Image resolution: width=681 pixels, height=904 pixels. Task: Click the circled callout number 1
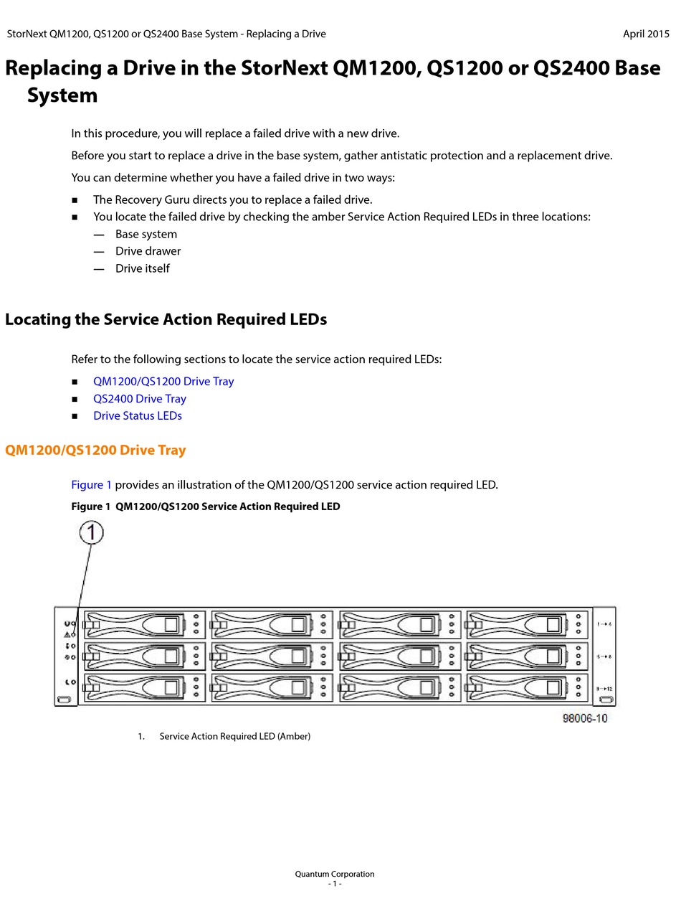92,532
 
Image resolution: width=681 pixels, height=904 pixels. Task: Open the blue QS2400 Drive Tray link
140,399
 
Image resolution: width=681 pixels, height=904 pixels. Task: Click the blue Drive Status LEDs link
138,416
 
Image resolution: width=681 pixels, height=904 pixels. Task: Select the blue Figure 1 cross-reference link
92,485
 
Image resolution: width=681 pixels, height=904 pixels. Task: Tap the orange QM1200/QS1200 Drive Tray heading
95,451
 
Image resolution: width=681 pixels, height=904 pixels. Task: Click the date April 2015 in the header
646,34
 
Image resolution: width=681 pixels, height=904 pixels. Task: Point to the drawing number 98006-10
585,718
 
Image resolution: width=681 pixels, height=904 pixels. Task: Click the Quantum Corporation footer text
335,874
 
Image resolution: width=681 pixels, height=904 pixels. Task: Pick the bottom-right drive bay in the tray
527,687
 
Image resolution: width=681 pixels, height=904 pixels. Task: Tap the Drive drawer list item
148,251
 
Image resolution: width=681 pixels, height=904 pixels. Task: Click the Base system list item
146,234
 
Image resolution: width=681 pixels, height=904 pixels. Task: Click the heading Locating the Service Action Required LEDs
166,319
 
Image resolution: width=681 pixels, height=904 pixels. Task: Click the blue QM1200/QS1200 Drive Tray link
163,382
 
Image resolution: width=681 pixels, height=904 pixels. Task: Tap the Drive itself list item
143,268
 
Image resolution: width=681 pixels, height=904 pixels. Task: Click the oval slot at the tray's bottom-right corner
606,700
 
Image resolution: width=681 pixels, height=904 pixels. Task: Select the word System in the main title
62,95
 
